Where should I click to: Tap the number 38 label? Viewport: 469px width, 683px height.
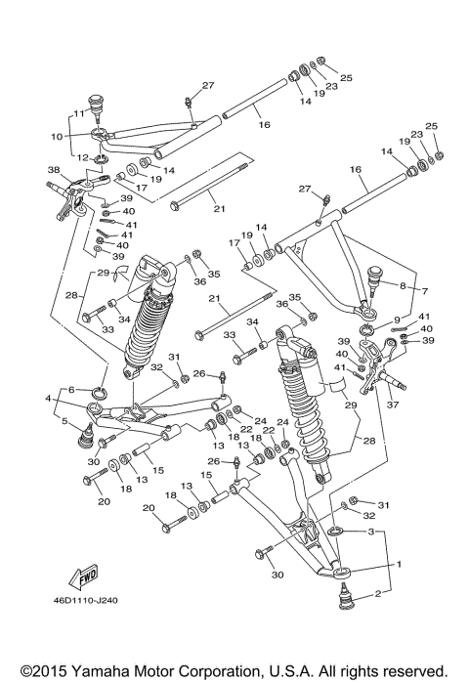(x=53, y=170)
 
